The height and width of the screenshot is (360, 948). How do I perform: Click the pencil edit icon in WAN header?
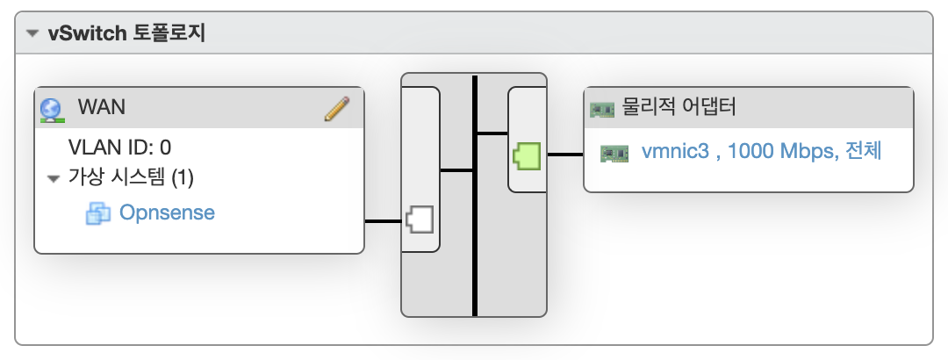[x=337, y=109]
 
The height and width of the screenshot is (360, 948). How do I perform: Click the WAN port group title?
[x=102, y=107]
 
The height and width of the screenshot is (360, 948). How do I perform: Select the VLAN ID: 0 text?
[x=119, y=147]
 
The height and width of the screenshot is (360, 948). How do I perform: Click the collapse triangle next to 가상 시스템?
[x=54, y=178]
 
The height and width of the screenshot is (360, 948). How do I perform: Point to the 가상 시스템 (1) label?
[x=131, y=177]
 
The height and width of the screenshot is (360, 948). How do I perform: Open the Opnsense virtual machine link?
[x=167, y=212]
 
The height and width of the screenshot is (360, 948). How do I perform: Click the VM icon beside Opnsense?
[x=98, y=213]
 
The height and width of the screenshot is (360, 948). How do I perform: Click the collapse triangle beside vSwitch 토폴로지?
[x=32, y=34]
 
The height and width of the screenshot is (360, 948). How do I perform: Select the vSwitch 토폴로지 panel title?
[x=127, y=33]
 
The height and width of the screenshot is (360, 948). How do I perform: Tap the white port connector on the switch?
[x=419, y=220]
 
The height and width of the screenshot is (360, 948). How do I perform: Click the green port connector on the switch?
[x=527, y=155]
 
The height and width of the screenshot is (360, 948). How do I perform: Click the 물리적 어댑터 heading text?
[x=679, y=107]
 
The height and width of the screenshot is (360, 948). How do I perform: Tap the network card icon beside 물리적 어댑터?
[x=601, y=110]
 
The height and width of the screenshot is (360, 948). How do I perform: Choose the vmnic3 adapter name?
[x=675, y=151]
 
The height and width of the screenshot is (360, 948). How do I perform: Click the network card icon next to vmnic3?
[x=614, y=154]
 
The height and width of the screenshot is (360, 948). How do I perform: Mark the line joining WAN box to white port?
[x=384, y=221]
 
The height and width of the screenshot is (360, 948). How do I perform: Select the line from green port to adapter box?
[x=565, y=155]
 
